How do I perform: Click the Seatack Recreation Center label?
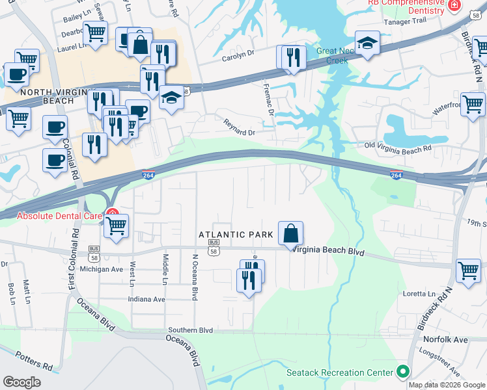pyautogui.click(x=340, y=372)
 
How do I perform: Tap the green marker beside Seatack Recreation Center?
pyautogui.click(x=403, y=372)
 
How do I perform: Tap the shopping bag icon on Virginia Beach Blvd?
pyautogui.click(x=290, y=233)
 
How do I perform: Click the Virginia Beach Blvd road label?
pyautogui.click(x=326, y=251)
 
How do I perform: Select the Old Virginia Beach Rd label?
pyautogui.click(x=397, y=148)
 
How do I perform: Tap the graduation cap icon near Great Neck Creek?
pyautogui.click(x=367, y=43)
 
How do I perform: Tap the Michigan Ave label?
pyautogui.click(x=101, y=268)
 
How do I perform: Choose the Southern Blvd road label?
pyautogui.click(x=190, y=330)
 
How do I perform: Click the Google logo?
pyautogui.click(x=22, y=382)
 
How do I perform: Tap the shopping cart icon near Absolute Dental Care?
pyautogui.click(x=116, y=227)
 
